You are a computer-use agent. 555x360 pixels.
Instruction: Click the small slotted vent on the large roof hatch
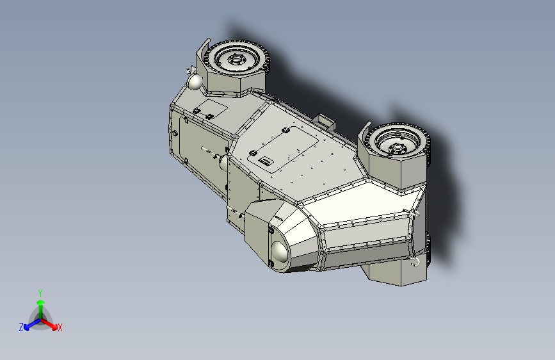266,161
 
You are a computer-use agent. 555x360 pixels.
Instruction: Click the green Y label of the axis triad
40,291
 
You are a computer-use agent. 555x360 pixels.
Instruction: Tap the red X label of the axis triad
60,328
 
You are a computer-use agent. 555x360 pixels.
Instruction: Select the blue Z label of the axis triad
21,327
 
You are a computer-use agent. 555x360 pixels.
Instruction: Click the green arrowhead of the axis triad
40,302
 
